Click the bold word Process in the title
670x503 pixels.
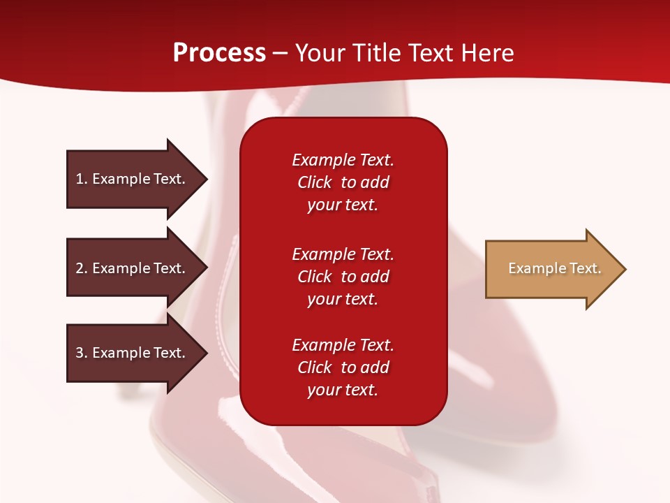pyautogui.click(x=219, y=53)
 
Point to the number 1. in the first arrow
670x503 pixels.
pyautogui.click(x=82, y=179)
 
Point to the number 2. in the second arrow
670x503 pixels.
pyautogui.click(x=82, y=268)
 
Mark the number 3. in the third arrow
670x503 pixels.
pyautogui.click(x=82, y=353)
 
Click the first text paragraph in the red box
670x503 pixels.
pyautogui.click(x=343, y=182)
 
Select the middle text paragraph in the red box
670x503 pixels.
pyautogui.click(x=343, y=277)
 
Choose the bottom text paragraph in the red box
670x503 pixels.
pyautogui.click(x=343, y=367)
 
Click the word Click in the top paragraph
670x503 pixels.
pyautogui.click(x=314, y=182)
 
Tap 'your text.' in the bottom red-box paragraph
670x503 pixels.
pyautogui.click(x=343, y=390)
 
